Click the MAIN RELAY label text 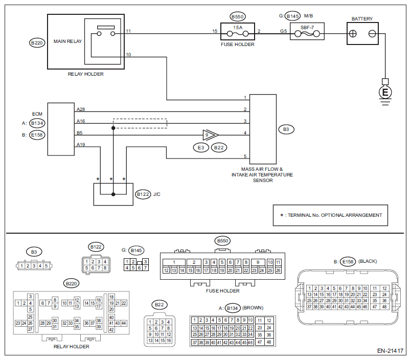(x=64, y=41)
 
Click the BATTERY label (x=362, y=19)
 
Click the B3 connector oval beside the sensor (x=286, y=129)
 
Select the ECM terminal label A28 (x=81, y=109)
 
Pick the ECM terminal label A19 (x=81, y=145)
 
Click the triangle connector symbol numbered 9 (x=209, y=135)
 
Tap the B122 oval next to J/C (x=143, y=194)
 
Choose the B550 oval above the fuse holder (x=238, y=16)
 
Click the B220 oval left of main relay (x=37, y=43)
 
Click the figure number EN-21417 (x=391, y=351)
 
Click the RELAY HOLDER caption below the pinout (x=72, y=346)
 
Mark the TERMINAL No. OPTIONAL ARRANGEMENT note (x=334, y=215)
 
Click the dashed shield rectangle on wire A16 (x=140, y=123)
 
